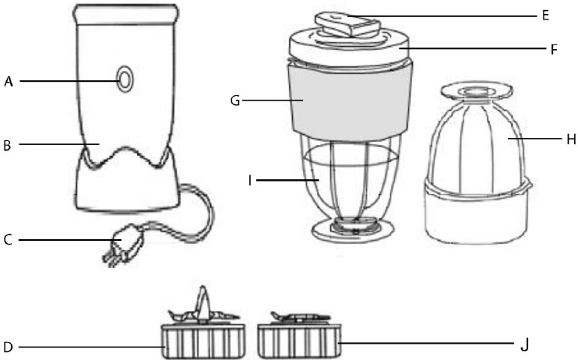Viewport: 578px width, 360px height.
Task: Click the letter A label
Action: (9, 82)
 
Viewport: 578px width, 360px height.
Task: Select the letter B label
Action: (7, 146)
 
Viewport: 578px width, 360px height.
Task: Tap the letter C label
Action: (8, 240)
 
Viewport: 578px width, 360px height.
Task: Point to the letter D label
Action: (8, 347)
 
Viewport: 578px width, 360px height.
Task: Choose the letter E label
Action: (545, 16)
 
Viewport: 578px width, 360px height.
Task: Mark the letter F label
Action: (554, 49)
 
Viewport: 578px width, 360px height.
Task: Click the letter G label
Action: (234, 101)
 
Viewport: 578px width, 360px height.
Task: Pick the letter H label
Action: (571, 139)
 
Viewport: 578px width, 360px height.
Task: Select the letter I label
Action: (250, 181)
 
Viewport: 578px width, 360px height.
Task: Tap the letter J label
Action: (524, 345)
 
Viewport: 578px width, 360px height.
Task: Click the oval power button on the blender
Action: (125, 79)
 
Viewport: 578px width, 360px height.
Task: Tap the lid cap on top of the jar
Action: (347, 24)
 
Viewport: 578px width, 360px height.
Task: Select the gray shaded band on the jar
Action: (351, 101)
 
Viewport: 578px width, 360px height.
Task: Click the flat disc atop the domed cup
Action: (476, 90)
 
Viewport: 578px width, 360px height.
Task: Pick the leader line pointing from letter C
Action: (70, 241)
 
